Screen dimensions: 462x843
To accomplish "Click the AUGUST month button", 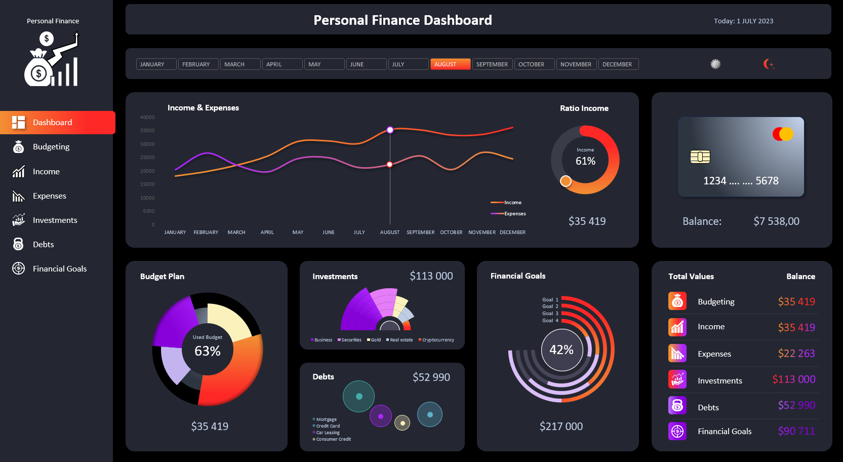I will [450, 64].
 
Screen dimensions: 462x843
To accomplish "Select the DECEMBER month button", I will [618, 64].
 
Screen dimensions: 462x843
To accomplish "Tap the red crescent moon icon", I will [768, 64].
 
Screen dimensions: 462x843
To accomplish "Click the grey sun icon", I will [715, 64].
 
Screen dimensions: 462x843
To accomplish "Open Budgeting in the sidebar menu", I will [51, 147].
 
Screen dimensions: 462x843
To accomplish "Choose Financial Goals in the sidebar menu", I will [59, 268].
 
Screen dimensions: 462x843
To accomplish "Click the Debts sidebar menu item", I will [43, 244].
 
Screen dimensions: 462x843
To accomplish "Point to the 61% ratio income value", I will [585, 161].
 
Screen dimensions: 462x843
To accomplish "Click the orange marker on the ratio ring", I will [566, 181].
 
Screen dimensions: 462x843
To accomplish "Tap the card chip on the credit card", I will [700, 157].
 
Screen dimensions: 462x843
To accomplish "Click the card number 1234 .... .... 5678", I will [741, 181].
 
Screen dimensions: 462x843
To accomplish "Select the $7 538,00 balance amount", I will [776, 221].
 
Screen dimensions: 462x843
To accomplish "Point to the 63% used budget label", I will [208, 351].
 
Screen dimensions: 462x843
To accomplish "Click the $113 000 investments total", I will [431, 276].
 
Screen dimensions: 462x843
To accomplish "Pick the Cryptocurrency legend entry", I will [437, 340].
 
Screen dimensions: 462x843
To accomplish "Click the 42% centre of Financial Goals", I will [561, 350].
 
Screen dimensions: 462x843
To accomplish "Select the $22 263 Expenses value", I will [796, 354].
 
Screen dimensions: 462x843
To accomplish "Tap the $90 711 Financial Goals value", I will [796, 431].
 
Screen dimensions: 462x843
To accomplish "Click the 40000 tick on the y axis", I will [147, 118].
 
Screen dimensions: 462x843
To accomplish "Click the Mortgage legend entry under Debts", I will [326, 419].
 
